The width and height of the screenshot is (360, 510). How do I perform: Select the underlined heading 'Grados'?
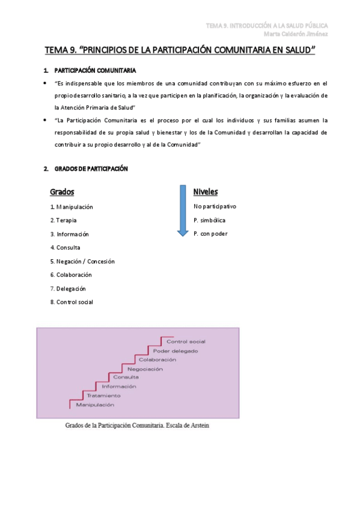pos(62,192)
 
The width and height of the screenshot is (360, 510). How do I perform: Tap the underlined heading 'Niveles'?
pos(206,192)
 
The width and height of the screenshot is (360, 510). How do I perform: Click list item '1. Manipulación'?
pos(72,207)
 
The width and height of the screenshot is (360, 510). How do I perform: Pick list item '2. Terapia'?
pos(63,220)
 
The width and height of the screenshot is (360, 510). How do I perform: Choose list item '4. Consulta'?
pos(66,247)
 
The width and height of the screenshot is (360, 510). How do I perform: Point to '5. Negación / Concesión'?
pos(82,261)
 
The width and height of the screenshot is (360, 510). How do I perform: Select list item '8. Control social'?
pos(72,302)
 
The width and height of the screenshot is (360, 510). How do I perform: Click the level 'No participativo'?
pos(215,206)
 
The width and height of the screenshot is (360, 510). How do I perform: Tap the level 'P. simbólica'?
pos(209,220)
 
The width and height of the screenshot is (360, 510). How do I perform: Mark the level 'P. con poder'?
pos(210,233)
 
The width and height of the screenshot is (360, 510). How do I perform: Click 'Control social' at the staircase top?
pos(186,342)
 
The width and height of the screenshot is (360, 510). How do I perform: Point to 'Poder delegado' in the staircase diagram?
pos(175,351)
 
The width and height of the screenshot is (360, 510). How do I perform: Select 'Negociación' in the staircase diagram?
pos(145,369)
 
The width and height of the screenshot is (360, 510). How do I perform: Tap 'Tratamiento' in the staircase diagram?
pos(103,396)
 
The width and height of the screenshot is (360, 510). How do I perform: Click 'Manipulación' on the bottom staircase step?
pos(95,405)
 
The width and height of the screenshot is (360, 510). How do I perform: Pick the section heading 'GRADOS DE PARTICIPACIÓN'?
pos(91,169)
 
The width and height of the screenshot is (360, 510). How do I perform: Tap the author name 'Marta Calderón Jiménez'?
pos(296,34)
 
